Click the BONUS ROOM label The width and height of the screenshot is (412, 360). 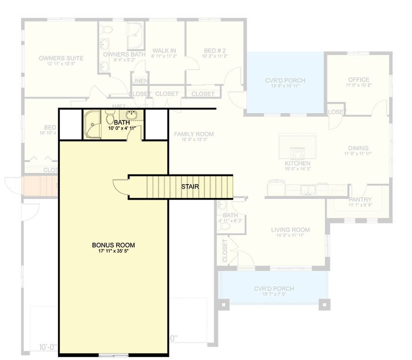coord(113,245)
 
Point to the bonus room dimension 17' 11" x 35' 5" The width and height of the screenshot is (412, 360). coord(113,251)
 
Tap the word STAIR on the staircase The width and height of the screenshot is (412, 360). coord(190,187)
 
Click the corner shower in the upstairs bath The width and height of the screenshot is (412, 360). coord(92,124)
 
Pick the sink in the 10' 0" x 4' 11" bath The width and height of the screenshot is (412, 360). coord(132,114)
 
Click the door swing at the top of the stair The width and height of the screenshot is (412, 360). coord(120,186)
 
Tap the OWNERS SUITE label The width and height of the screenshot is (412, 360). coord(61,58)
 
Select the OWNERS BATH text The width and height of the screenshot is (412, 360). coord(124,55)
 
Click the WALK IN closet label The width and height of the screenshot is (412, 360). coord(164,51)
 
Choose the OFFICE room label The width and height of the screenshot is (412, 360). coord(358,80)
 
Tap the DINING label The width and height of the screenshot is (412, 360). coord(358,148)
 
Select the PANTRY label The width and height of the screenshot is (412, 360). coord(360,200)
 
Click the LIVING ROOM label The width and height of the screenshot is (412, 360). coord(290,230)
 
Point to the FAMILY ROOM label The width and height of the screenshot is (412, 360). coord(194,134)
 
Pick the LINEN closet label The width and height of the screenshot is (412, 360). coord(139,82)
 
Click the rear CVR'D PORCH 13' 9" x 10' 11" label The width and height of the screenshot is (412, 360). coord(285,81)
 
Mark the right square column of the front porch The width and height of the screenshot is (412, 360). coord(324,303)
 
